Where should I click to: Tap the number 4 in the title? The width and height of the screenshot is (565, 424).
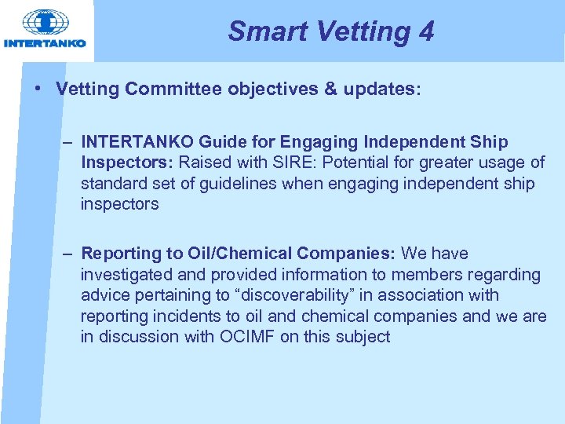tap(426, 31)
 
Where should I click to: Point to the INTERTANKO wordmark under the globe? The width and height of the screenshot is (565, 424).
tap(45, 43)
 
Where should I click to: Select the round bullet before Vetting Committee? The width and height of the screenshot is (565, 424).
tap(38, 89)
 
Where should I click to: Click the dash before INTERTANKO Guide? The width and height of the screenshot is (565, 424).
tap(69, 142)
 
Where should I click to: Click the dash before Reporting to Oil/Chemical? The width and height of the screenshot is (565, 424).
tap(69, 254)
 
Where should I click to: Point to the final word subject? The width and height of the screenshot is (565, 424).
tap(363, 337)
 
